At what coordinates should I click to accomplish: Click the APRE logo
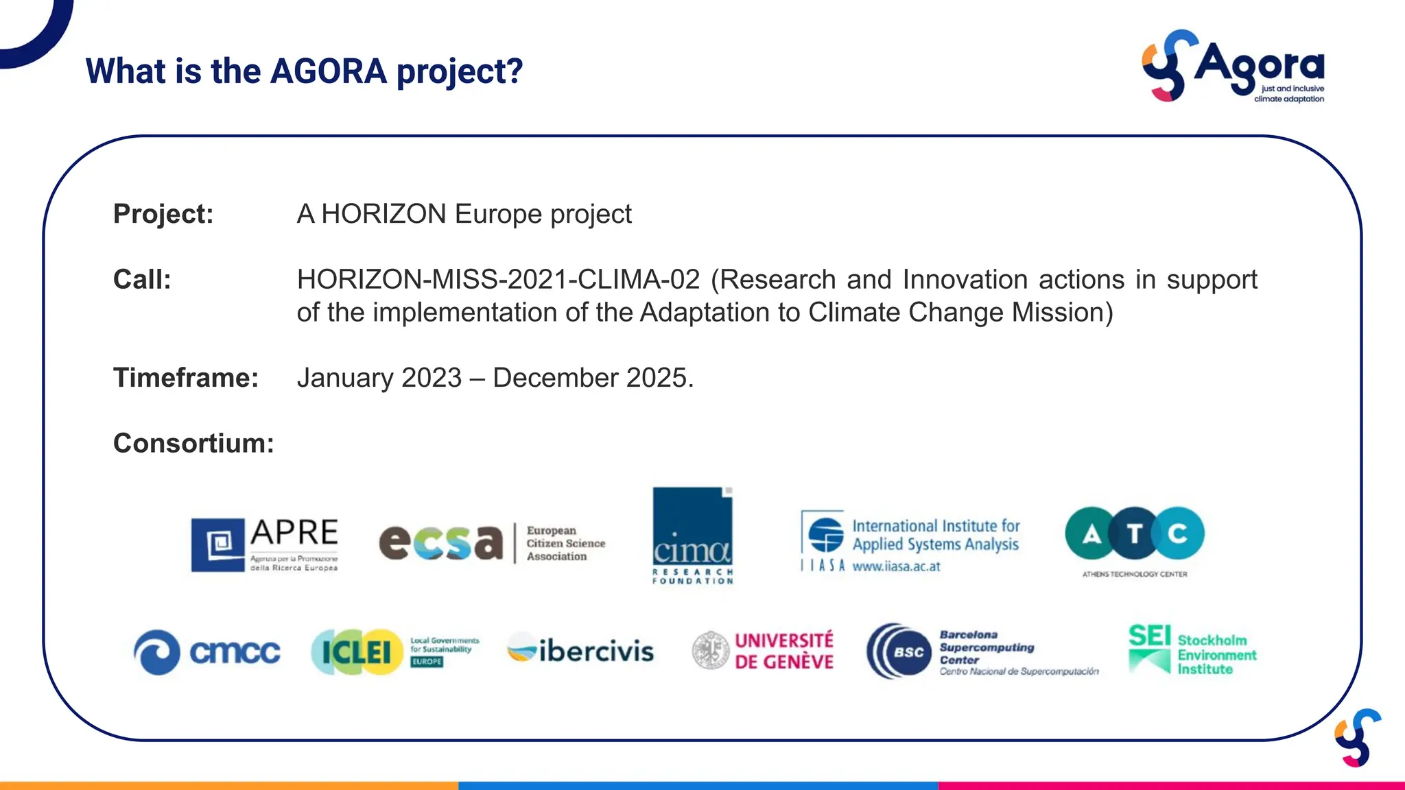pos(264,544)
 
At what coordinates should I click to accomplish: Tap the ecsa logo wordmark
pos(441,542)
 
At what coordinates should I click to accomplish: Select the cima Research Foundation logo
pos(692,536)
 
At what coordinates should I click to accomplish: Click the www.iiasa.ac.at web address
pos(896,566)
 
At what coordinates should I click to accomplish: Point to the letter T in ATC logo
pos(1135,534)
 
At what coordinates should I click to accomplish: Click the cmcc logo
pos(206,651)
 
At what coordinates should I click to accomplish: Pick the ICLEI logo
pos(357,651)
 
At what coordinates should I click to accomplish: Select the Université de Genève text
pos(783,651)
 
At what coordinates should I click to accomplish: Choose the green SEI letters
pos(1149,636)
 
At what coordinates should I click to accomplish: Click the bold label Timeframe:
pos(185,378)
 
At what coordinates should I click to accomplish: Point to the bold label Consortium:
pos(193,443)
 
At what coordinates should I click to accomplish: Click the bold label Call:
pos(142,280)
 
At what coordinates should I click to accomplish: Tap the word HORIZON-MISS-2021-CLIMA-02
pos(498,280)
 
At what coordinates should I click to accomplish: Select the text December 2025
pos(593,378)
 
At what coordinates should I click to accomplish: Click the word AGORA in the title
pos(329,71)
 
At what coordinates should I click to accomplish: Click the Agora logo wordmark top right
pos(1258,65)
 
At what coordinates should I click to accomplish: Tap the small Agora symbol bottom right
pos(1357,738)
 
